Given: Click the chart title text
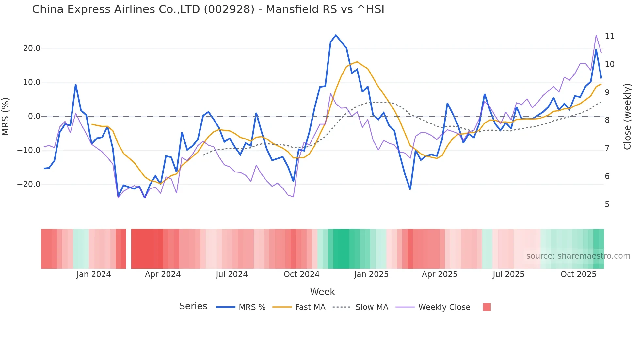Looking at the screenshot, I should [208, 9].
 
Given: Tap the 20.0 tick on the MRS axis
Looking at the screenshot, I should [32, 48].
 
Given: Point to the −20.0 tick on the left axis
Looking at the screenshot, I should [29, 184].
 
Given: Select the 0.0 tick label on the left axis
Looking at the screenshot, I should [34, 116].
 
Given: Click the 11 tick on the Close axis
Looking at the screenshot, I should [609, 36].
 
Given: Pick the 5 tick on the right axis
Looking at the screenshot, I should [607, 205].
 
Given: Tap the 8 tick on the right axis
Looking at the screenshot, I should [607, 120].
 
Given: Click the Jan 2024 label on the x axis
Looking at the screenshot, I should [94, 274].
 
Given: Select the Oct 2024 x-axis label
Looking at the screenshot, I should [301, 274].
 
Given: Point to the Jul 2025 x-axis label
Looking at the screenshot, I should [508, 274].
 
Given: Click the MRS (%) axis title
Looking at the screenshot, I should [6, 117].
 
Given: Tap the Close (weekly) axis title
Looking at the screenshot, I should [627, 117].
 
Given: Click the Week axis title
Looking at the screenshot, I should [322, 292].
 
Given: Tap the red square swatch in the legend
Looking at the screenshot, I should [487, 307].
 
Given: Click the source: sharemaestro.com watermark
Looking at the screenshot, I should [578, 256].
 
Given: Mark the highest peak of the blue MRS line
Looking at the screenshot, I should [336, 35].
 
